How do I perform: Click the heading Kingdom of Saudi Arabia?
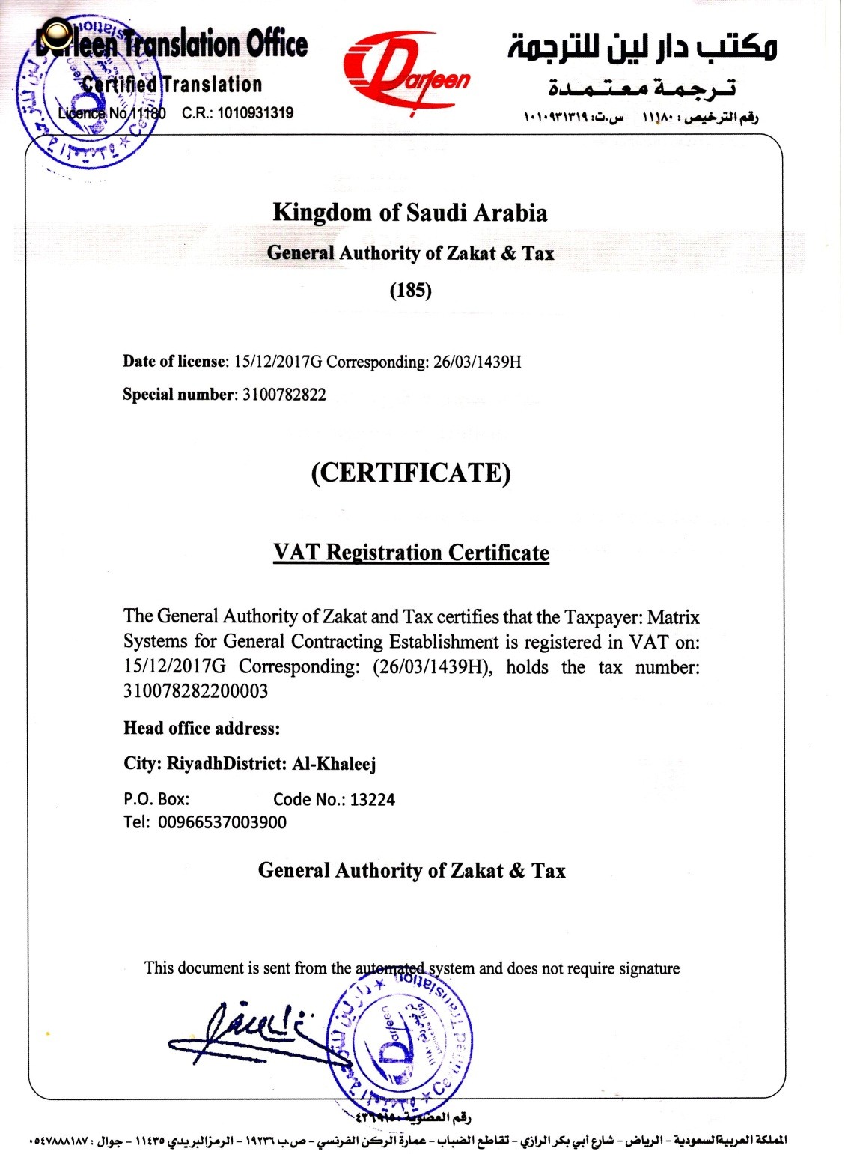409,213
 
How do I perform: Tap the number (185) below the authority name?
410,291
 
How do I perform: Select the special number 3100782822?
284,395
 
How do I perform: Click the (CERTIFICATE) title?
411,473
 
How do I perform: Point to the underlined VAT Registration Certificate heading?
411,553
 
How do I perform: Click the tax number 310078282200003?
195,691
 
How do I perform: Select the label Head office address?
201,728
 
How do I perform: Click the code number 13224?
372,800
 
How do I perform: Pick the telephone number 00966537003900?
222,822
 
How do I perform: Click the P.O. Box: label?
156,800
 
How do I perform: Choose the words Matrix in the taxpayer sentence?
673,618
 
